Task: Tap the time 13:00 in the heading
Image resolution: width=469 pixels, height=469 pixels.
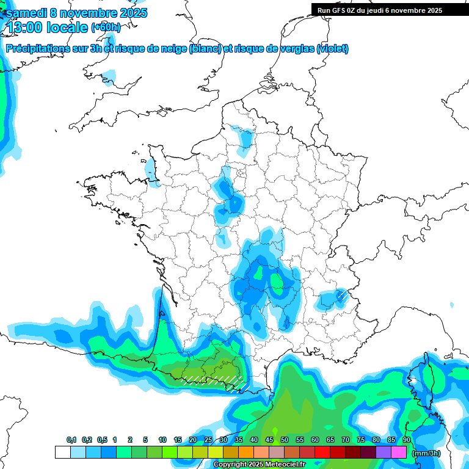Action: point(25,27)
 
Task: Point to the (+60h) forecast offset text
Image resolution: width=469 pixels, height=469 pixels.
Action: point(106,27)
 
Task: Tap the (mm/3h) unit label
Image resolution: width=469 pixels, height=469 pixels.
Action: point(426,453)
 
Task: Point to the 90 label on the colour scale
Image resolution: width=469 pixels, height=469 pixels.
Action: point(406,440)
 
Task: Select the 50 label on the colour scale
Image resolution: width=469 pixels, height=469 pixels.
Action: point(285,440)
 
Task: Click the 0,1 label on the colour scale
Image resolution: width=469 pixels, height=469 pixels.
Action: point(71,440)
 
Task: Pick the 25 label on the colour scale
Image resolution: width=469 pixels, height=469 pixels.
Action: point(208,440)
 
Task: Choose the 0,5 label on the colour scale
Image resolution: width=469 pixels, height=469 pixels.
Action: point(101,440)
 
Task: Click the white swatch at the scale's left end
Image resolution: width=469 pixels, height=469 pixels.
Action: point(62,453)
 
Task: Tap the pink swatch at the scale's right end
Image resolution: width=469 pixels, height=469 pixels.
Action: point(399,453)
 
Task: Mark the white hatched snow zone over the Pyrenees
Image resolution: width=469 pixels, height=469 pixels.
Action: point(214,381)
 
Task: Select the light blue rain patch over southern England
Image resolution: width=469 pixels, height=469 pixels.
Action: point(109,77)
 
